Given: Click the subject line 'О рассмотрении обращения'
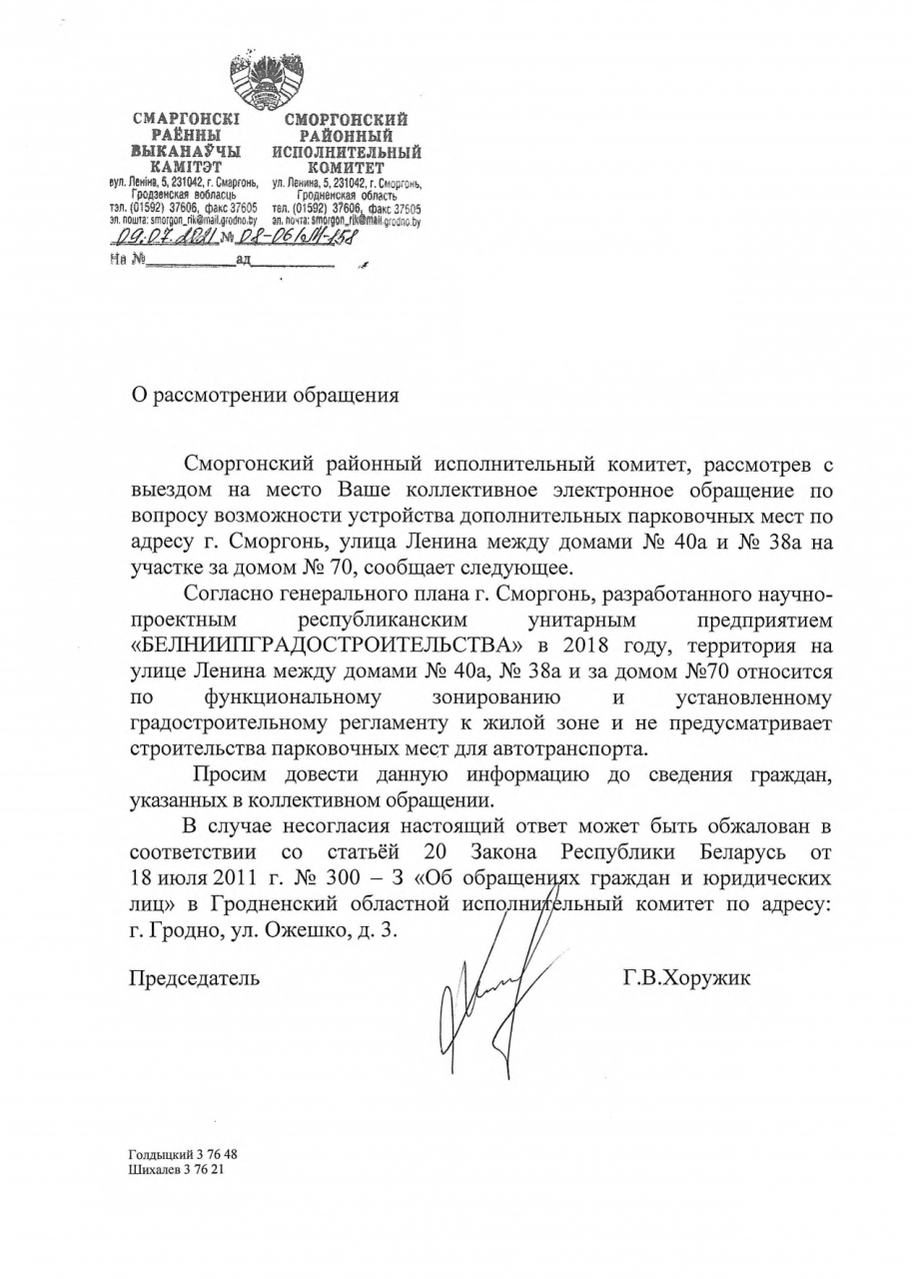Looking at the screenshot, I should point(265,395).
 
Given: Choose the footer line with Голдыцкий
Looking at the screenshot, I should point(183,1154).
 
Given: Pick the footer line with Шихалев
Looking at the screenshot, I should point(176,1168).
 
